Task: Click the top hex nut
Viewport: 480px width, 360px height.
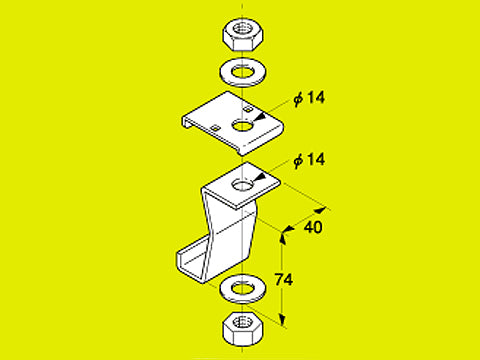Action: click(243, 35)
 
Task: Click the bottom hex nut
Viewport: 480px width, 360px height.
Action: click(243, 329)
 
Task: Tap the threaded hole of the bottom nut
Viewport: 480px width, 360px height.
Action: click(241, 322)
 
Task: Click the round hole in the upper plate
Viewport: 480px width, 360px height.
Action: click(243, 126)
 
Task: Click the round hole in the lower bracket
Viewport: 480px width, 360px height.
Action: click(242, 185)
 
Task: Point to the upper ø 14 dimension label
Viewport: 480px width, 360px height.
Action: click(309, 98)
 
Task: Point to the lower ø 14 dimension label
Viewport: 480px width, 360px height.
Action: click(309, 160)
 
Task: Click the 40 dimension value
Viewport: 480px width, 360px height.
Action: click(313, 228)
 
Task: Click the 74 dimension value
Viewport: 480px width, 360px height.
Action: click(284, 279)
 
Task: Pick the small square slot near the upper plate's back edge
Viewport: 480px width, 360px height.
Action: click(248, 109)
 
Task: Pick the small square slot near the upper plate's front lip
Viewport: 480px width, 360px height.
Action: click(216, 127)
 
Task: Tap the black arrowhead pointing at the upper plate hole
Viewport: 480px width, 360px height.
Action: click(259, 117)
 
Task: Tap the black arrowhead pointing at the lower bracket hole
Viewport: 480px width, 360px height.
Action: click(259, 178)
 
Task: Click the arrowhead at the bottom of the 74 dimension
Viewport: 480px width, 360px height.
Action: click(283, 319)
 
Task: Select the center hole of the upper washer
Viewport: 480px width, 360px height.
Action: click(243, 72)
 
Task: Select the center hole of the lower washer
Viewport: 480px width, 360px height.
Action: click(243, 288)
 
